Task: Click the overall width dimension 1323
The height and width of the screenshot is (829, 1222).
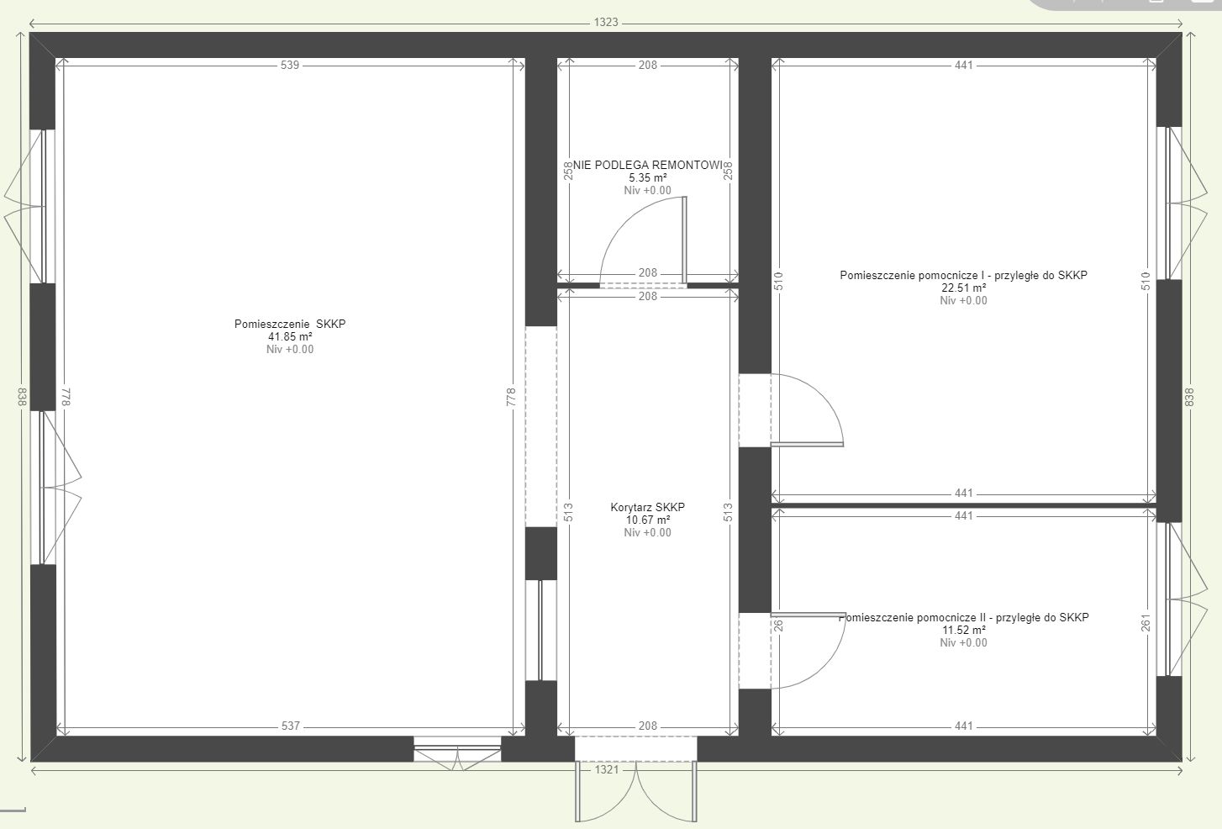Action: click(606, 23)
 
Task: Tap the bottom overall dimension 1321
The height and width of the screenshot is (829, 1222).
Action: click(607, 769)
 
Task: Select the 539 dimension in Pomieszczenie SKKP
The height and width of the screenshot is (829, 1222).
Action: click(290, 65)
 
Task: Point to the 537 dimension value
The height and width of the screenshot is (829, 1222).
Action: click(290, 726)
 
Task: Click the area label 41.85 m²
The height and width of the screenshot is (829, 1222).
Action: click(290, 336)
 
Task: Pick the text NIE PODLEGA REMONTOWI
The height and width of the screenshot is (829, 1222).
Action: click(647, 165)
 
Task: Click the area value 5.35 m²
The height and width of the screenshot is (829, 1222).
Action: click(647, 177)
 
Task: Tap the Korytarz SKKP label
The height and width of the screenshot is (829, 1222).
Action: click(647, 507)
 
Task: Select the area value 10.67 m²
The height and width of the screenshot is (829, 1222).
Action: click(647, 520)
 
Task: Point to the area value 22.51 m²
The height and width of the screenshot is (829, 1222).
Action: click(963, 288)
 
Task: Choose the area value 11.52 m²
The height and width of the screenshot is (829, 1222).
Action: click(964, 630)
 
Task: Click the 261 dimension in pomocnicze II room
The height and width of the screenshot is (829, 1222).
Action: click(1146, 623)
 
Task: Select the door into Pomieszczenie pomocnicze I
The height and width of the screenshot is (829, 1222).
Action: click(791, 410)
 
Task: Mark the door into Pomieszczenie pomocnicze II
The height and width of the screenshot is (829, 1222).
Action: click(793, 650)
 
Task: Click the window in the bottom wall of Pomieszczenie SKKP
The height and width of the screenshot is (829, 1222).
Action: click(457, 750)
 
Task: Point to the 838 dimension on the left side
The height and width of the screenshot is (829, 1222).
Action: click(22, 397)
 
